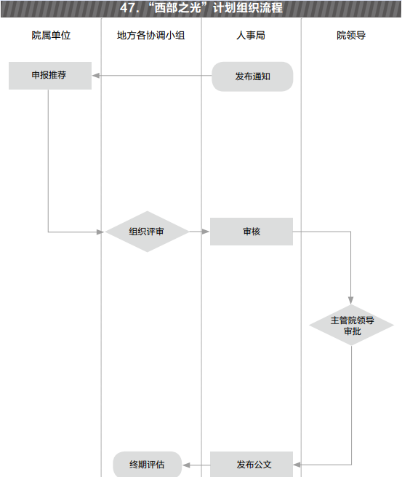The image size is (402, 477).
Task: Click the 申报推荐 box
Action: click(50, 76)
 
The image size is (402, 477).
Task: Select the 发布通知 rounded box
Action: click(252, 76)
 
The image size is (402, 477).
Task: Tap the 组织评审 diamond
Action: click(147, 232)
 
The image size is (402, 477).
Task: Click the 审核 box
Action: click(252, 232)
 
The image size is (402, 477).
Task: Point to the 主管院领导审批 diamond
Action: click(352, 325)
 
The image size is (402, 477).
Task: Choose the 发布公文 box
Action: click(252, 464)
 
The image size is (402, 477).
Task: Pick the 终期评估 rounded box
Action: click(148, 464)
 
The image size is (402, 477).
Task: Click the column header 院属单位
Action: click(51, 35)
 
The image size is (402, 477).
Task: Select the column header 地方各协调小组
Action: click(151, 35)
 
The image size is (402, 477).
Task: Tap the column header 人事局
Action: click(251, 35)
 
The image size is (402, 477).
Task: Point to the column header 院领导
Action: click(351, 35)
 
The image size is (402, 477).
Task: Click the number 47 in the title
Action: click(127, 8)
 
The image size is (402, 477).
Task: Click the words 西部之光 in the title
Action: click(177, 8)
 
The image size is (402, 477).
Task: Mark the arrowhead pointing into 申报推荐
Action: click(96, 76)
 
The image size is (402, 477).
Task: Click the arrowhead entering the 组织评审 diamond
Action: click(100, 232)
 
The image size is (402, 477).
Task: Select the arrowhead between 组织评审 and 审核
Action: click(206, 232)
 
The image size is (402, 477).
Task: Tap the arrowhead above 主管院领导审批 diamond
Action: click(351, 300)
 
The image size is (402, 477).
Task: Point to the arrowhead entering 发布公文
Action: click(297, 465)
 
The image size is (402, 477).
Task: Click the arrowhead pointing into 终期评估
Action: click(186, 465)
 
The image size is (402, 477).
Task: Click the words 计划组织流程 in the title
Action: click(248, 8)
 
